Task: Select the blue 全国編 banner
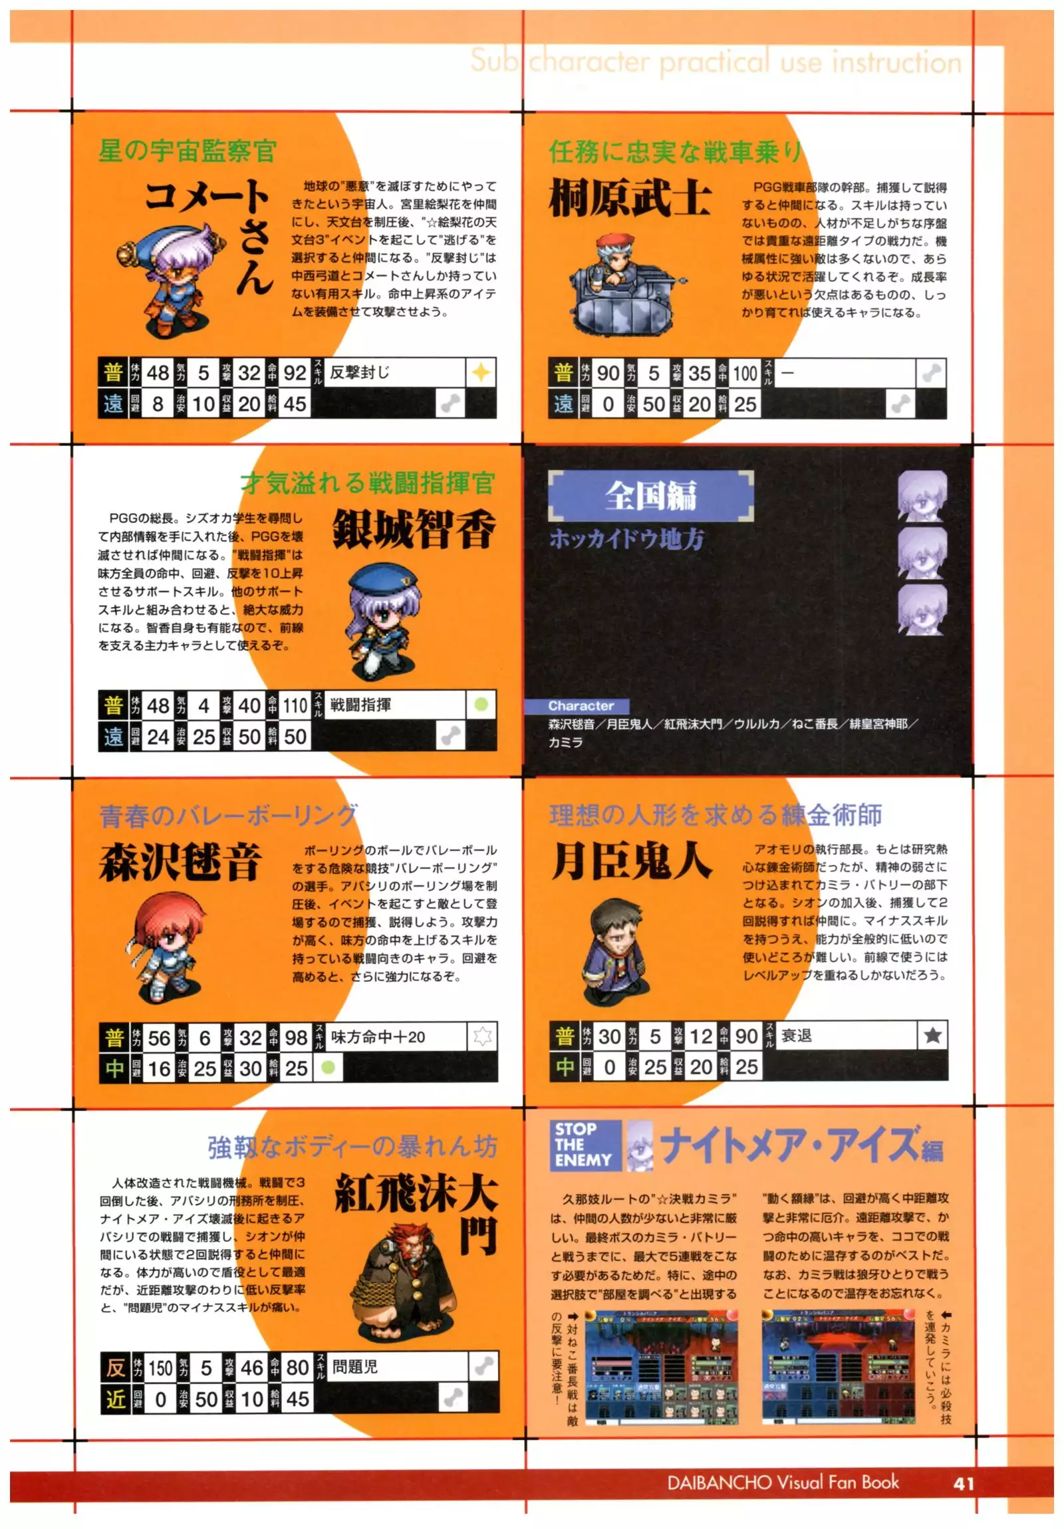pos(650,495)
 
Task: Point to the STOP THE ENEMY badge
pos(583,1145)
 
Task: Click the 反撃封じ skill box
pos(394,373)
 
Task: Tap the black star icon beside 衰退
pos(932,1036)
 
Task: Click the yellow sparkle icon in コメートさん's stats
pos(481,373)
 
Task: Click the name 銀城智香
pos(414,530)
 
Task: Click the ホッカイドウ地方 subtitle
pos(626,538)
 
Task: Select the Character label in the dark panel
pos(581,706)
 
